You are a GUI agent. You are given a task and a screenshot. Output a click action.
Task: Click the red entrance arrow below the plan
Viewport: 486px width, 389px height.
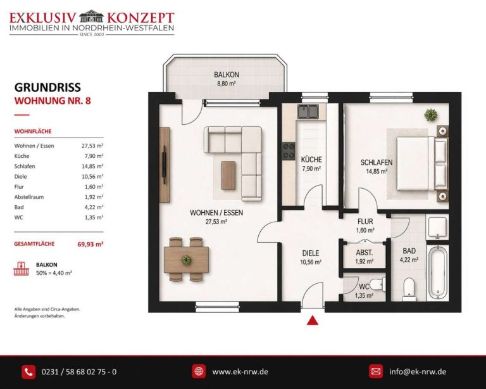click(313, 320)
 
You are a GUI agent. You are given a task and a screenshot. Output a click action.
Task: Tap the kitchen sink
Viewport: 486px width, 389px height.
click(308, 112)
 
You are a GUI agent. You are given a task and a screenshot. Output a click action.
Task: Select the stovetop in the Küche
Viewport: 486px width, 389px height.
click(289, 151)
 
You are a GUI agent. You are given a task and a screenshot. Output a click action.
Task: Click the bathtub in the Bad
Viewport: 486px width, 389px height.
click(437, 272)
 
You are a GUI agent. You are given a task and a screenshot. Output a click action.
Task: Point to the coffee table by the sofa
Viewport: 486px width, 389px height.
click(228, 175)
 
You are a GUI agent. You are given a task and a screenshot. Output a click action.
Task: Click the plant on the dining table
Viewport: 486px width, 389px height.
click(186, 259)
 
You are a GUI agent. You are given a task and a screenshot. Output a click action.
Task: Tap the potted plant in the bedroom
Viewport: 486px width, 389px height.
click(431, 115)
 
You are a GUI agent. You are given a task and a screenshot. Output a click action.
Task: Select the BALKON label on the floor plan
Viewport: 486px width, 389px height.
click(227, 75)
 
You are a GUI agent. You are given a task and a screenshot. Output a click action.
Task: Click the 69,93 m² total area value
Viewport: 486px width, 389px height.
click(90, 244)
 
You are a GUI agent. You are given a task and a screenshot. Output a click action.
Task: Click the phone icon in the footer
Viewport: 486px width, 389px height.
click(28, 372)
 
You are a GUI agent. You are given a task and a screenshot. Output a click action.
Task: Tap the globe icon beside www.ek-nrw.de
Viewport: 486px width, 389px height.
click(199, 371)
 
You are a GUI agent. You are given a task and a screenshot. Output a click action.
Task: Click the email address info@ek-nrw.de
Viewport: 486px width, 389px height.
click(418, 372)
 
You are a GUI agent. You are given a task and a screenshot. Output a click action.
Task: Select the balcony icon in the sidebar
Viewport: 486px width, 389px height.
click(21, 269)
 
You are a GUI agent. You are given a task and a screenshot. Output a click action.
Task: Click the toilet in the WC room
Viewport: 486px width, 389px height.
click(378, 284)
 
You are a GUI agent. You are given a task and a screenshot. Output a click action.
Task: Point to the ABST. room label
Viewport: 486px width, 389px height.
click(364, 253)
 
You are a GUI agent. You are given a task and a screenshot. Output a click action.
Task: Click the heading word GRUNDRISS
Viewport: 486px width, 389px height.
click(47, 87)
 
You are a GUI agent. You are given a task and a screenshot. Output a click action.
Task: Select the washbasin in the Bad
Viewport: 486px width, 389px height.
click(437, 227)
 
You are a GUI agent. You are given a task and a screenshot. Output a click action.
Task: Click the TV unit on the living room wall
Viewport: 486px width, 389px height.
click(165, 165)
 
